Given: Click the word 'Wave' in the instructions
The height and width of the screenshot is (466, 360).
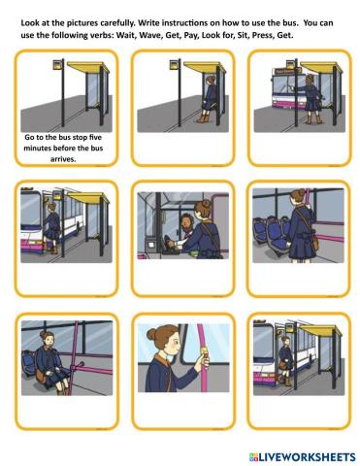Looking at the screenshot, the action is click(x=151, y=35).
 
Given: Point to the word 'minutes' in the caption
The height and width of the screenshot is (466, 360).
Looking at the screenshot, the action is click(x=37, y=149).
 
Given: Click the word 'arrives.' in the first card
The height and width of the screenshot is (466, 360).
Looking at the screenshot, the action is click(x=63, y=159).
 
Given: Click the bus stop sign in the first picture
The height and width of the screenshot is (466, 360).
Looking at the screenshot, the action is click(x=58, y=65).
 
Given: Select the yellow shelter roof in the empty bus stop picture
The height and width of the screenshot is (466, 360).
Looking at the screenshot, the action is click(x=88, y=67).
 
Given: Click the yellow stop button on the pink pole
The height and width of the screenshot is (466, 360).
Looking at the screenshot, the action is click(x=205, y=350).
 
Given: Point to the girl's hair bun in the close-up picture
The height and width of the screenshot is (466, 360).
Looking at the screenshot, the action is click(x=151, y=334).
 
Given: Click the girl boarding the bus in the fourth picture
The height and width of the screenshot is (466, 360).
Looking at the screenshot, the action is click(x=52, y=226).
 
